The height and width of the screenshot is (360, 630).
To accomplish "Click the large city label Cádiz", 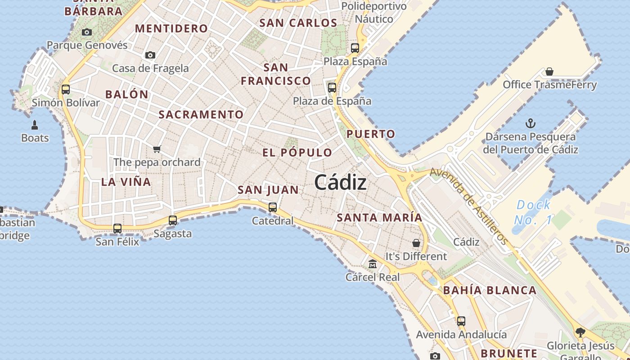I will click(340, 182).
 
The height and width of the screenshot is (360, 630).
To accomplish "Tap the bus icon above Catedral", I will click(273, 207).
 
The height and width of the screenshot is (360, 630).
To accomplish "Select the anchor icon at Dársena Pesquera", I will click(531, 123).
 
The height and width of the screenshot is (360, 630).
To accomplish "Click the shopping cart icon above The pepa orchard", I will click(157, 149).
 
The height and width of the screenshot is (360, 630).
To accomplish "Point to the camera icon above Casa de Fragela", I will click(150, 55).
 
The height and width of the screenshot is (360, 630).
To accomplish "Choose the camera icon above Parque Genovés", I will click(87, 32).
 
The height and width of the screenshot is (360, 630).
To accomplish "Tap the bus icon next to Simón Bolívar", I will click(66, 89).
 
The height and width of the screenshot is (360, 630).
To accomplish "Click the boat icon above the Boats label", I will click(35, 125).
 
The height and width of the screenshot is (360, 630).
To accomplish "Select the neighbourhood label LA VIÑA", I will click(126, 182).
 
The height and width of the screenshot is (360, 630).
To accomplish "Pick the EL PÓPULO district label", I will click(297, 153).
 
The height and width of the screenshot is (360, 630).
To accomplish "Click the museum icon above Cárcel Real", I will click(373, 264).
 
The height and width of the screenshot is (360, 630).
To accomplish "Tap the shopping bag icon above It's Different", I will click(416, 243).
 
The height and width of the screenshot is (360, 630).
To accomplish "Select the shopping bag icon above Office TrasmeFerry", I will click(549, 72).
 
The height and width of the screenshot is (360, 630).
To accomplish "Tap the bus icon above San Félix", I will click(117, 228).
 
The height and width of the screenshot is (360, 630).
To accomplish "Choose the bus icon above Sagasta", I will click(173, 220).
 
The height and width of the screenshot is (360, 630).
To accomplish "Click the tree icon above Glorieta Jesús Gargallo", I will click(580, 333).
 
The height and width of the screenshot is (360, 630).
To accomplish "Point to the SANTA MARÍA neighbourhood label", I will click(379, 218).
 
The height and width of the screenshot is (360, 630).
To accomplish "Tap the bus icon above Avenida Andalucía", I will click(461, 321).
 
